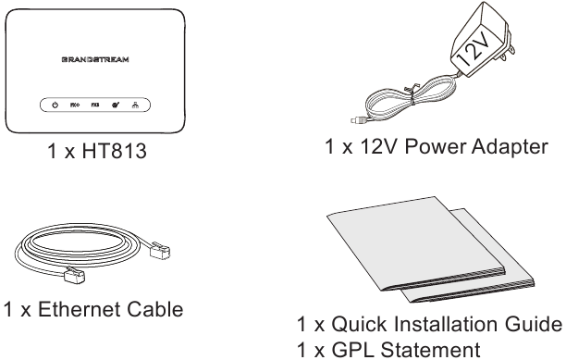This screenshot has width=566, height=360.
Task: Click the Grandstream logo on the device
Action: [x=95, y=59]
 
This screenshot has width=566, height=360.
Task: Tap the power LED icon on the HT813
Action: [x=55, y=106]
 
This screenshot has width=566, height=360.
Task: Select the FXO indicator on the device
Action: [x=75, y=106]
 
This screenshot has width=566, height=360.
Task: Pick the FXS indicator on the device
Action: [x=95, y=106]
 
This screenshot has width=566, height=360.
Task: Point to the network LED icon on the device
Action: [x=135, y=106]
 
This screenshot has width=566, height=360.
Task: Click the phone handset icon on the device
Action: [x=116, y=106]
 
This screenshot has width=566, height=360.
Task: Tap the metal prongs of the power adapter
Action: [x=507, y=44]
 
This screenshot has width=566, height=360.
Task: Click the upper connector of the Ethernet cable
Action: [x=160, y=249]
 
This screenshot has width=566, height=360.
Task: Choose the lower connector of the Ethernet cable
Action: [x=74, y=275]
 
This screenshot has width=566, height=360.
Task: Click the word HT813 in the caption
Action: [x=115, y=151]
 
